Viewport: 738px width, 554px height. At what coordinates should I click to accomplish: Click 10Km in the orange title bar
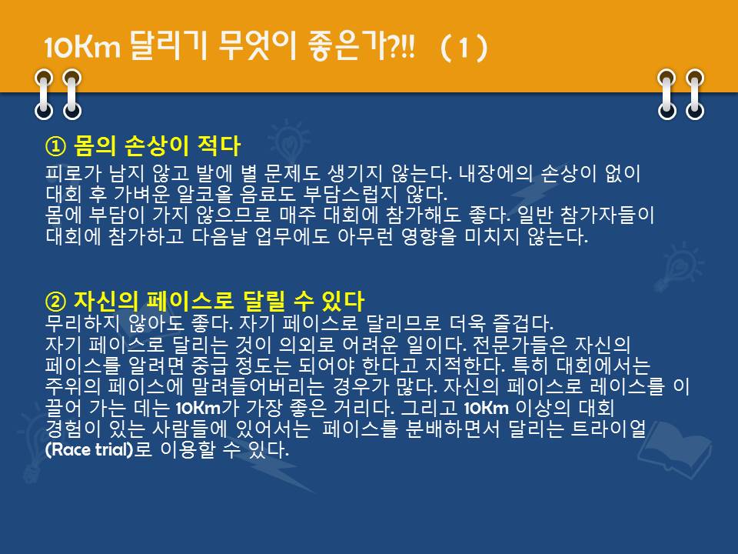(82, 48)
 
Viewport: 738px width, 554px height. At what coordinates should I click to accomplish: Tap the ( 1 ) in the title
(464, 48)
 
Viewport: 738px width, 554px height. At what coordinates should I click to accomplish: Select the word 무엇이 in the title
(258, 47)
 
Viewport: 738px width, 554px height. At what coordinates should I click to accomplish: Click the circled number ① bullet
(55, 146)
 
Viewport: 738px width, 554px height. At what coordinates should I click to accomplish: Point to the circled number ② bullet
(55, 302)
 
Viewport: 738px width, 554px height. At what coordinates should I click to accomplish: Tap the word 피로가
(73, 173)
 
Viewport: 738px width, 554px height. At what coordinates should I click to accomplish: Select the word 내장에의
(496, 173)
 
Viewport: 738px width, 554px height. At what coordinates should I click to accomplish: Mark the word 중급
(209, 365)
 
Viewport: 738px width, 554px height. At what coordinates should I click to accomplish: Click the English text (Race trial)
(89, 449)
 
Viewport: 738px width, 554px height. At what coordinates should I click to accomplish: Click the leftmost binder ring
(44, 94)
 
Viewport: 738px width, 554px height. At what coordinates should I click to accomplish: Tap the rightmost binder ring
(695, 94)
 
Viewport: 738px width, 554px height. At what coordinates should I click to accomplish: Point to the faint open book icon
(674, 446)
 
